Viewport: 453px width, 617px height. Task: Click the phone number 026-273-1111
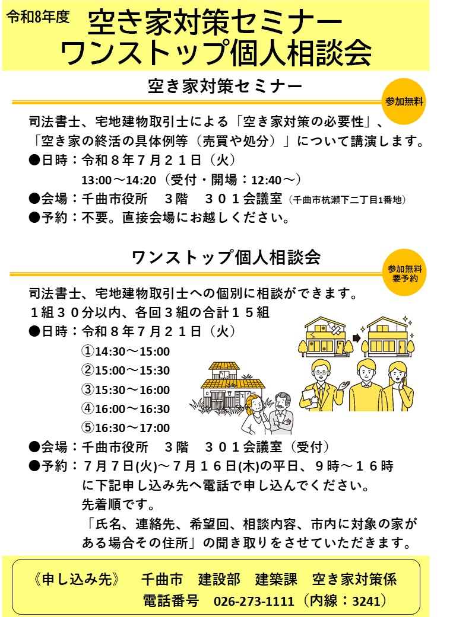click(x=254, y=601)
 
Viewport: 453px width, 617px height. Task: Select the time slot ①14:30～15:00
click(x=125, y=351)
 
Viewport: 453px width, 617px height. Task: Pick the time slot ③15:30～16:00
click(x=125, y=389)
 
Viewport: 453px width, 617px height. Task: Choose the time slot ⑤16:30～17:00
click(x=125, y=428)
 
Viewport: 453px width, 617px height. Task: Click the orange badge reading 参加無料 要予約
click(x=404, y=273)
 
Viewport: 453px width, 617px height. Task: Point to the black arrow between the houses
click(x=356, y=338)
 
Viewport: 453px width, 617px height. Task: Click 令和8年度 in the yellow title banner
click(x=38, y=17)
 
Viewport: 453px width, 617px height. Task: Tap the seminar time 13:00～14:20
click(x=119, y=180)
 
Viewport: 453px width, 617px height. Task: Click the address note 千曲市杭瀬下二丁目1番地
click(x=347, y=200)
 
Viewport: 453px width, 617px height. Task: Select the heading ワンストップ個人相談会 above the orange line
click(x=226, y=257)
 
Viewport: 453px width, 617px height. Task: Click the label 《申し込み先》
click(x=77, y=579)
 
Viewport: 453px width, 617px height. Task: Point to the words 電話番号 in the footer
click(x=171, y=601)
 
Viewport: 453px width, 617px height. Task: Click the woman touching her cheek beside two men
click(x=397, y=387)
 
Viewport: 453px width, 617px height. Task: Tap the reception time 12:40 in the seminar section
click(x=266, y=180)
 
